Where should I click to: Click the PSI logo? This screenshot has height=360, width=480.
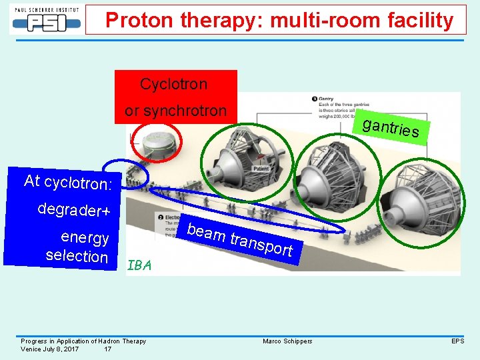pyautogui.click(x=45, y=19)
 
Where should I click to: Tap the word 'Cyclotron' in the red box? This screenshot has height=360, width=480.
pyautogui.click(x=173, y=85)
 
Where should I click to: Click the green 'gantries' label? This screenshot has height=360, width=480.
pyautogui.click(x=391, y=126)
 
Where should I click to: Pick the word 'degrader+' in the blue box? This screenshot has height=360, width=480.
pyautogui.click(x=73, y=210)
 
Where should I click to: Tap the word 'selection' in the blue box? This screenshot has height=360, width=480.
pyautogui.click(x=77, y=256)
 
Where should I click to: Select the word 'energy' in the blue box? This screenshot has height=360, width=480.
pyautogui.click(x=85, y=237)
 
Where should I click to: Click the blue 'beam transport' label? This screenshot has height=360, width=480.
pyautogui.click(x=240, y=240)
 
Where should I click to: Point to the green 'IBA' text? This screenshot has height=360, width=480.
pyautogui.click(x=139, y=265)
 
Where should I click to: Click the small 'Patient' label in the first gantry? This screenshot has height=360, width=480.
pyautogui.click(x=261, y=169)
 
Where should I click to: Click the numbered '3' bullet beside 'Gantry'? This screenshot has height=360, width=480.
pyautogui.click(x=315, y=99)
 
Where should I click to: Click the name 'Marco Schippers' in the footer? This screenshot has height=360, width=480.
pyautogui.click(x=287, y=341)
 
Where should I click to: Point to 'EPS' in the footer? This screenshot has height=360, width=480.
pyautogui.click(x=457, y=341)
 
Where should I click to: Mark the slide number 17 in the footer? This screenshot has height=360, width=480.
pyautogui.click(x=108, y=349)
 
